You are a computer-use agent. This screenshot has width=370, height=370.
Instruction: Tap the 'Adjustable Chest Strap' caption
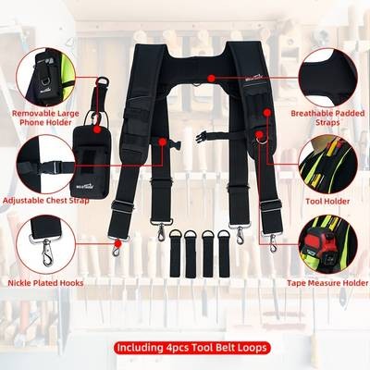tap(47, 200)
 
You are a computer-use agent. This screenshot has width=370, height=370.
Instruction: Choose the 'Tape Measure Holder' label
tap(328, 284)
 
